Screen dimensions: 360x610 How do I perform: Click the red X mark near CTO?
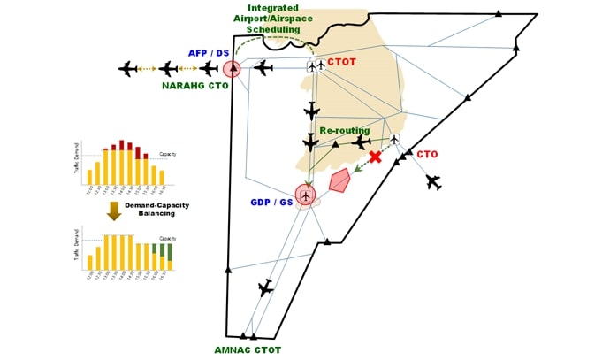pos(376,157)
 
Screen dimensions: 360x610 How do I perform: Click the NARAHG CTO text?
pos(195,86)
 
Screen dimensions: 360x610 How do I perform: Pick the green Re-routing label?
pos(345,130)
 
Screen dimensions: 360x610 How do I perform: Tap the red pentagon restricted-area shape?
pos(339,181)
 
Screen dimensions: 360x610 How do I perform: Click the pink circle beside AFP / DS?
pos(233,68)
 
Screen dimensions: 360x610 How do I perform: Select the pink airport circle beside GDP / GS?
pos(306,194)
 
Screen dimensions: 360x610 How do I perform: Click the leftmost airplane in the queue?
pos(127,68)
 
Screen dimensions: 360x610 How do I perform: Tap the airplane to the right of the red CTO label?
pos(432,181)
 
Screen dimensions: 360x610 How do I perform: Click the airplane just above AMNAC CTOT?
pos(265,287)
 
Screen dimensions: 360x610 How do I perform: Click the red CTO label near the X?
pos(427,154)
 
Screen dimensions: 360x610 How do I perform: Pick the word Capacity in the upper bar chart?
pos(168,156)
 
